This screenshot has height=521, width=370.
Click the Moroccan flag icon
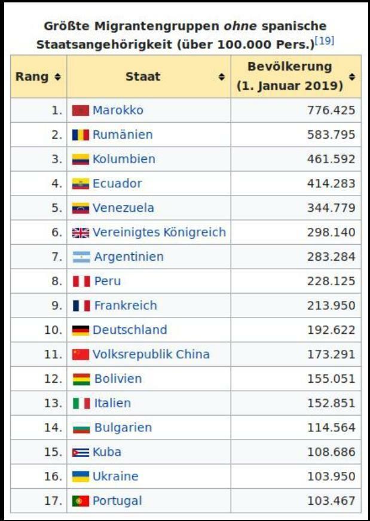coord(80,111)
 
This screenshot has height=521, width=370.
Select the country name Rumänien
coord(122,135)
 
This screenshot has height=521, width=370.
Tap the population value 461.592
coord(331,159)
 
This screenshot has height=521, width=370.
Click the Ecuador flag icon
coord(80,184)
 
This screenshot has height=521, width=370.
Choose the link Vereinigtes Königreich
coord(159,232)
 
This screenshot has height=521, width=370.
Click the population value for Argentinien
coord(331,257)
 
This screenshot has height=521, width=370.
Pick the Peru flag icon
coord(81,281)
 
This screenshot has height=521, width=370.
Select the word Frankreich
coord(126,306)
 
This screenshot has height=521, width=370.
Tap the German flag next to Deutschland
coord(80,330)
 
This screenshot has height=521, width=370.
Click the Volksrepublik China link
coord(151,354)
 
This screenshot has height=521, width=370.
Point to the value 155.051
coord(331,379)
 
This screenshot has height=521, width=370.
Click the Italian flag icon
coord(81,403)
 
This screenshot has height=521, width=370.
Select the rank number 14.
coord(53,428)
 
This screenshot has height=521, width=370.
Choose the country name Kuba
coord(106,452)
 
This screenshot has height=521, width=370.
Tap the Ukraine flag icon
coord(80,477)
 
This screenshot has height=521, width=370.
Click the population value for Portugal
coord(331,501)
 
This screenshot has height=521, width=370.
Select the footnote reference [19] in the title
coord(325,41)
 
